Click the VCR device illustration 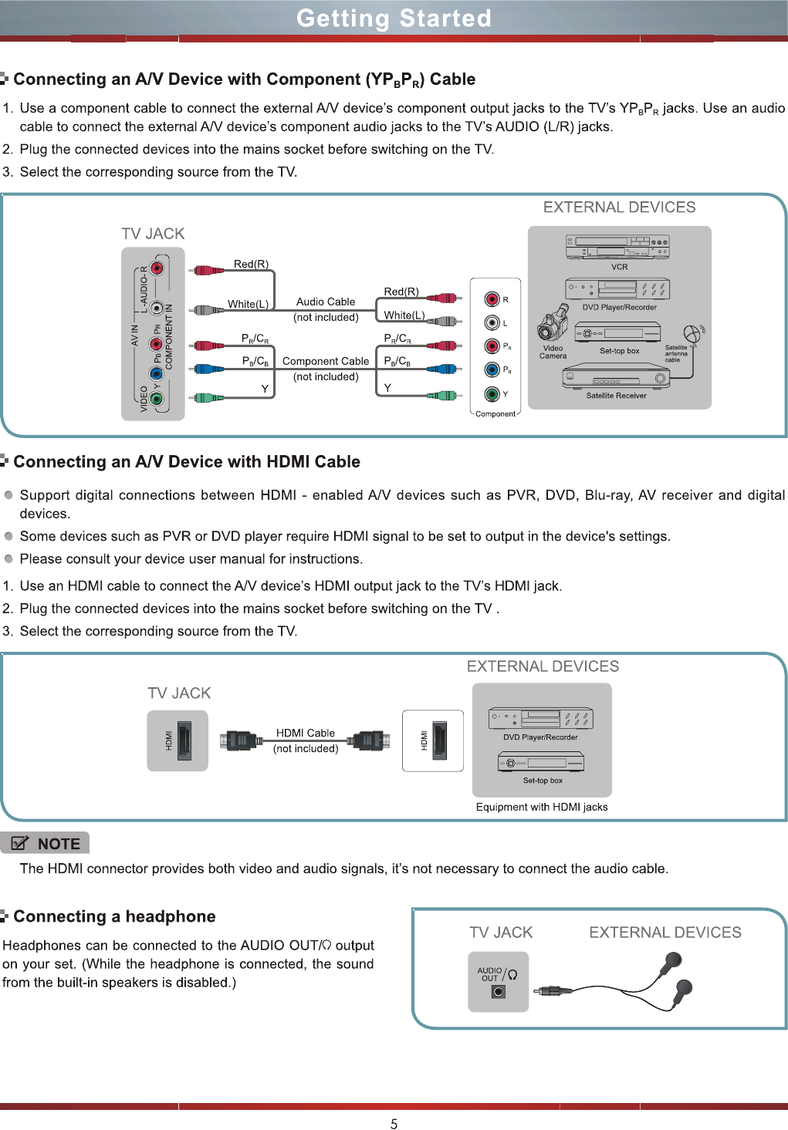pos(617,247)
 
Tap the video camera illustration pos(552,327)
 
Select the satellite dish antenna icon pos(693,334)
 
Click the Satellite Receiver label pos(616,396)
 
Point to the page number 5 pos(394,1124)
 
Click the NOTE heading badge pos(46,843)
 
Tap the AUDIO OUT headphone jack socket pos(499,992)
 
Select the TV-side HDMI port pos(184,740)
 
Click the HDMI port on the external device pos(439,740)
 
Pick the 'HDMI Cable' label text pos(306,733)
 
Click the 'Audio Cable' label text pos(326,302)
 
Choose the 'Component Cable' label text pos(326,361)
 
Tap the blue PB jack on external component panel pos(492,370)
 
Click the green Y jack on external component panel pos(492,393)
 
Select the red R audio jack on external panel pos(492,299)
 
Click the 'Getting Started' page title pos(394,18)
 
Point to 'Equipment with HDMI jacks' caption pos(542,807)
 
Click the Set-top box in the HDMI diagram pos(541,763)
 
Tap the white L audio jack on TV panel pos(157,309)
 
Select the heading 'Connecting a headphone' pos(114,916)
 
